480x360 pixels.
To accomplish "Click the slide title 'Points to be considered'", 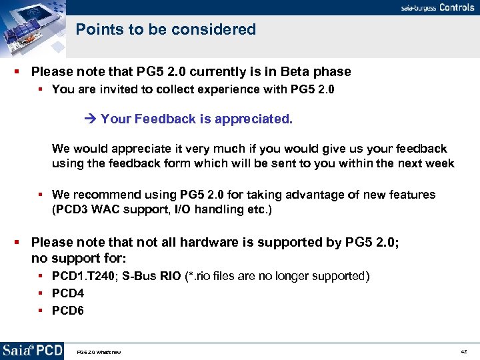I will [x=165, y=29].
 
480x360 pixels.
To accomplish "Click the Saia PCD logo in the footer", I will [x=32, y=351].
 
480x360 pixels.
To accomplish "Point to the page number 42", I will [x=463, y=351].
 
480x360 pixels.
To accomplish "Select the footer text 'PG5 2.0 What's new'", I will [x=99, y=352].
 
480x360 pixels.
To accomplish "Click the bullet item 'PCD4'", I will [x=69, y=293].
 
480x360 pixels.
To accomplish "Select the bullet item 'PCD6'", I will [x=69, y=310].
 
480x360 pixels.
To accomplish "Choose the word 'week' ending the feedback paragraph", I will [x=441, y=163].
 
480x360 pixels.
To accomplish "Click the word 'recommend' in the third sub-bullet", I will [x=105, y=195].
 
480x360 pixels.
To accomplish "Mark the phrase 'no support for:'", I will [x=79, y=257].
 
